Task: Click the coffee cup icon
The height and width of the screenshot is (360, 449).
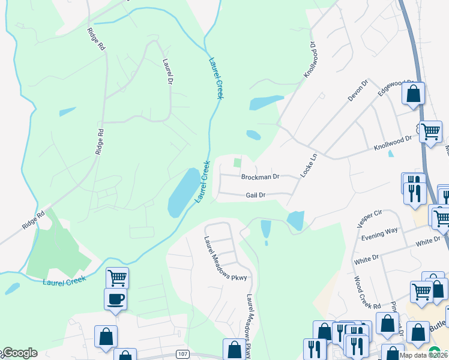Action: (x=115, y=299)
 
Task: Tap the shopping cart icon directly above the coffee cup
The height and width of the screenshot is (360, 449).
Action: (x=117, y=278)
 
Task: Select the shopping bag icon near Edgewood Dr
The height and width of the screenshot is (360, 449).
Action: (x=413, y=94)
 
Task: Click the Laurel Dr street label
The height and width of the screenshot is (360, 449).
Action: (x=167, y=70)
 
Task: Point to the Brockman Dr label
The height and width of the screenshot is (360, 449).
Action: (x=260, y=177)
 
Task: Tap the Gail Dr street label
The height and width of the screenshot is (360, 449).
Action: (x=255, y=195)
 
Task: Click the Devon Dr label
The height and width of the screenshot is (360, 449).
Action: (x=357, y=90)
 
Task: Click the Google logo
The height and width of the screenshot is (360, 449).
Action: (x=19, y=353)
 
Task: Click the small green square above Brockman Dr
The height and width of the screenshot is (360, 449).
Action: (x=237, y=162)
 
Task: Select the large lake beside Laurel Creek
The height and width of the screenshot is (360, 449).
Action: (x=184, y=192)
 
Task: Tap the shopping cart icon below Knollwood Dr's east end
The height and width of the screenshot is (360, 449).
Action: (x=430, y=131)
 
